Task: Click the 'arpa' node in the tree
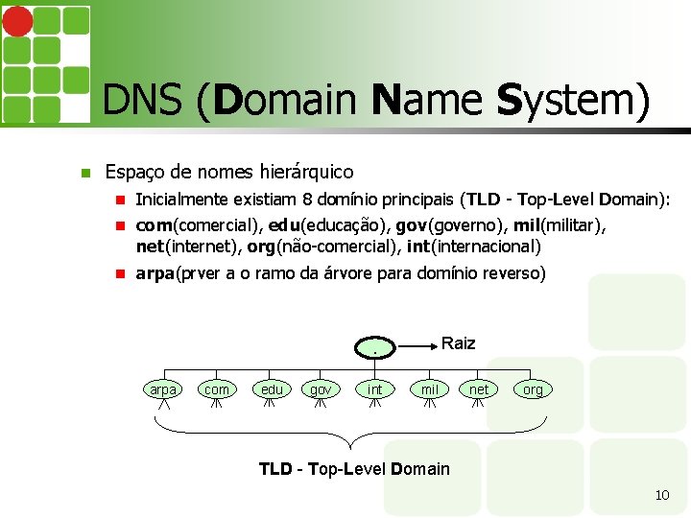click(x=163, y=389)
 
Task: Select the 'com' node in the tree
click(x=217, y=389)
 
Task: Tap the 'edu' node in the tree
click(x=272, y=389)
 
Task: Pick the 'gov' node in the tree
click(x=321, y=389)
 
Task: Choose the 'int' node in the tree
click(x=375, y=389)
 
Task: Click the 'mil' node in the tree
click(x=430, y=389)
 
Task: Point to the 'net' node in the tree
click(x=479, y=389)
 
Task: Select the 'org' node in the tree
click(x=533, y=389)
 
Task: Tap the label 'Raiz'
click(x=458, y=343)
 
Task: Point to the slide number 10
click(x=661, y=495)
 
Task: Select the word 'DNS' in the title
click(x=145, y=101)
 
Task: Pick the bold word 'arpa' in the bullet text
click(x=155, y=273)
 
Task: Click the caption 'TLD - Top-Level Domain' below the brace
click(x=354, y=469)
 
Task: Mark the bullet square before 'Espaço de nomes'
click(x=85, y=174)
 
